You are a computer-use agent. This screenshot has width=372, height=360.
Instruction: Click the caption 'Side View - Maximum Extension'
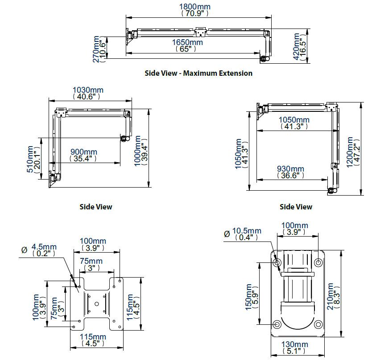198,73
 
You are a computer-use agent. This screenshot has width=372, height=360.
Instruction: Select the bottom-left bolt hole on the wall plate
277,324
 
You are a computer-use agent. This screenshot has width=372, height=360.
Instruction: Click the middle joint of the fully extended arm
199,32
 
